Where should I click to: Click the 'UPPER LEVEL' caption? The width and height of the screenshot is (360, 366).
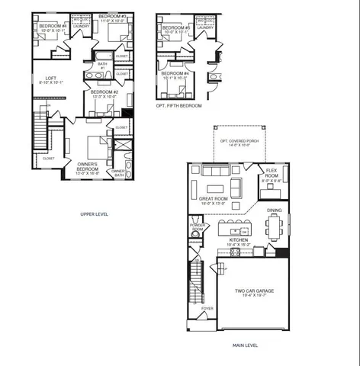[95, 214]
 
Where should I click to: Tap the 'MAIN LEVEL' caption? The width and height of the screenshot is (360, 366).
[245, 345]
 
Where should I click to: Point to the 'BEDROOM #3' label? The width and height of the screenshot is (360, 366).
[113, 16]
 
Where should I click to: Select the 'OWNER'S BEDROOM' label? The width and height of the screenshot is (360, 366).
[91, 165]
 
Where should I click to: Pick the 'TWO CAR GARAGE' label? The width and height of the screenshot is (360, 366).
[253, 291]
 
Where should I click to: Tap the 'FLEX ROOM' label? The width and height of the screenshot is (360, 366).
[271, 174]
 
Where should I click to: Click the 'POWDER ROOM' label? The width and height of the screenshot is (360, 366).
[198, 226]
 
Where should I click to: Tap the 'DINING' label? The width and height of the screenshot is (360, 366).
[275, 210]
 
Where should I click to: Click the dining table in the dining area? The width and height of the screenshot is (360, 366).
[275, 226]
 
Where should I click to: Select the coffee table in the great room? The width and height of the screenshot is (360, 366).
[215, 188]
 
